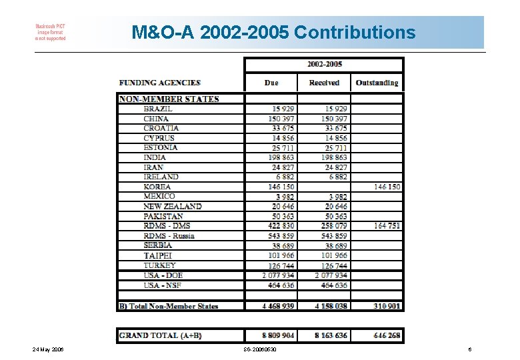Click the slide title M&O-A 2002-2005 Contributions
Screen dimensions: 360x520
click(273, 32)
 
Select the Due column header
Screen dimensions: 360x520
click(271, 83)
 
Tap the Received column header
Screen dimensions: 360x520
click(324, 83)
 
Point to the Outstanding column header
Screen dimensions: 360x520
click(377, 83)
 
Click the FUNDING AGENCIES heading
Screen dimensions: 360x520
click(160, 83)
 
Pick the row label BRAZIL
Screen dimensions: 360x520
click(158, 109)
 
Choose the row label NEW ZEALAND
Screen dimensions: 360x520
click(172, 206)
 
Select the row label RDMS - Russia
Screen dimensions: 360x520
click(169, 235)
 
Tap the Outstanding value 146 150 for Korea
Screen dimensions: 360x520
click(387, 187)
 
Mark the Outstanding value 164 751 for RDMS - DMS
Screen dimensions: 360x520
click(387, 226)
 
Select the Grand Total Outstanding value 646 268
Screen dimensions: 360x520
click(387, 335)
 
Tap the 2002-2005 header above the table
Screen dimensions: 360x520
click(325, 64)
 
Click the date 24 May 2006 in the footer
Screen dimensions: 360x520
click(47, 349)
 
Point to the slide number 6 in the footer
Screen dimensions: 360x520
click(470, 349)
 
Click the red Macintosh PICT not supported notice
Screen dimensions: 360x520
click(51, 32)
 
